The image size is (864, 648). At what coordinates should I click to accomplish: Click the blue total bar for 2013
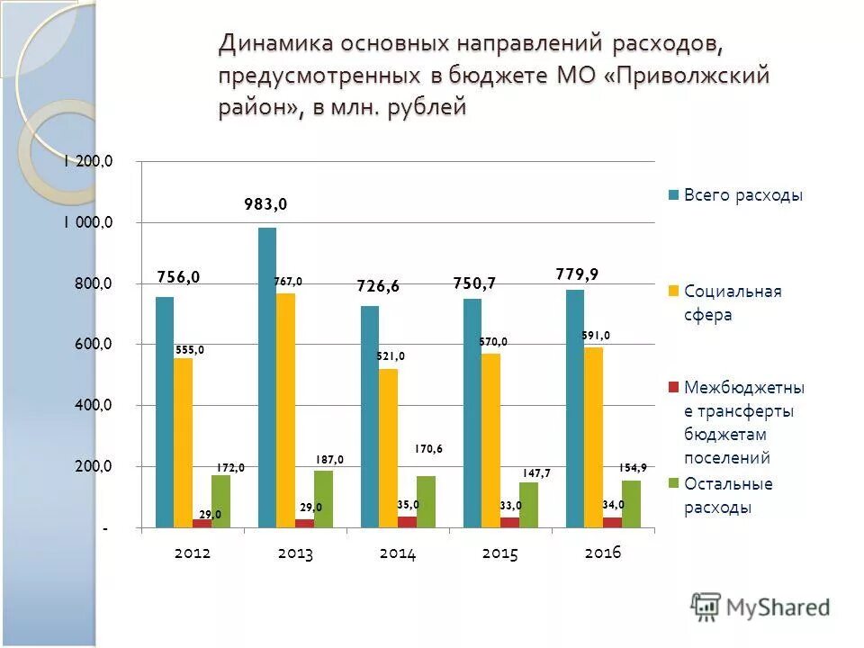[x=267, y=378]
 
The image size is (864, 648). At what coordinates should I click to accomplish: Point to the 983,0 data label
[x=266, y=204]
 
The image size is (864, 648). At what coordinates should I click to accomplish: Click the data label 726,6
[x=377, y=286]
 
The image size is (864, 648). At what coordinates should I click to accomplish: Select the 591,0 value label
[x=595, y=336]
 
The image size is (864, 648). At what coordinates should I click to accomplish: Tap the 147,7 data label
[x=535, y=472]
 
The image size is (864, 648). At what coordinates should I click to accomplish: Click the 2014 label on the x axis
[x=398, y=553]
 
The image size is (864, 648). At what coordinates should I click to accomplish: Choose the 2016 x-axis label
[x=603, y=553]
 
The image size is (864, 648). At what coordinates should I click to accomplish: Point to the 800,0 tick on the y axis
[x=94, y=283]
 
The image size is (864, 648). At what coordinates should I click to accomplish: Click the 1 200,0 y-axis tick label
[x=87, y=162]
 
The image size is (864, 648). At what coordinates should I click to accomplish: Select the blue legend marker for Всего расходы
[x=672, y=195]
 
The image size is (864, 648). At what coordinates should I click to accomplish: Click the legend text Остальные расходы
[x=728, y=495]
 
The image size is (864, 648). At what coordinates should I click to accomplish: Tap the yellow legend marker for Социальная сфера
[x=672, y=292]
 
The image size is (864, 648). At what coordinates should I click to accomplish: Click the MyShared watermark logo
[x=760, y=607]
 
